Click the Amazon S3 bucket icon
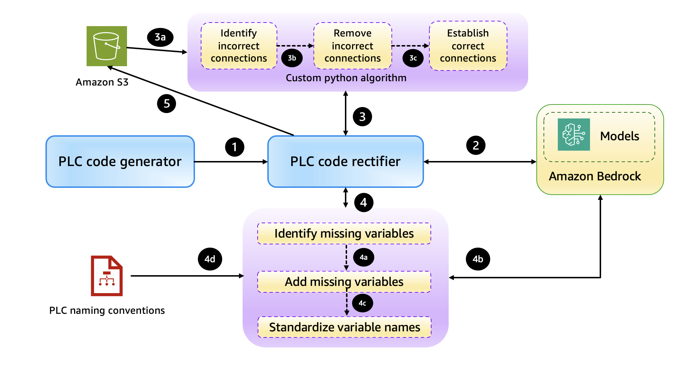[x=107, y=46]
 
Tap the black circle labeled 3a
[x=160, y=37]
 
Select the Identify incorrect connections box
[x=239, y=46]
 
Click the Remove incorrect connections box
[x=352, y=46]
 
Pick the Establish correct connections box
[x=468, y=46]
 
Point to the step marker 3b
[x=292, y=58]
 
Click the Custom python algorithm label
[x=346, y=78]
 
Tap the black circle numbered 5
[x=166, y=104]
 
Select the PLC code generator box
[x=120, y=161]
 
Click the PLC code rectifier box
[x=345, y=161]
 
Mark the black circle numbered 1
[x=234, y=147]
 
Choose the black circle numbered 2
[x=476, y=145]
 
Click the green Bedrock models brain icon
[x=574, y=135]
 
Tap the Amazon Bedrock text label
[x=595, y=176]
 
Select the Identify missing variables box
[x=344, y=234]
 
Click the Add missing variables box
[x=344, y=282]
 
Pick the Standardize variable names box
[x=344, y=327]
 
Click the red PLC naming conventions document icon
[x=107, y=276]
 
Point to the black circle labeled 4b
[x=478, y=259]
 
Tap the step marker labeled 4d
[x=210, y=259]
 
